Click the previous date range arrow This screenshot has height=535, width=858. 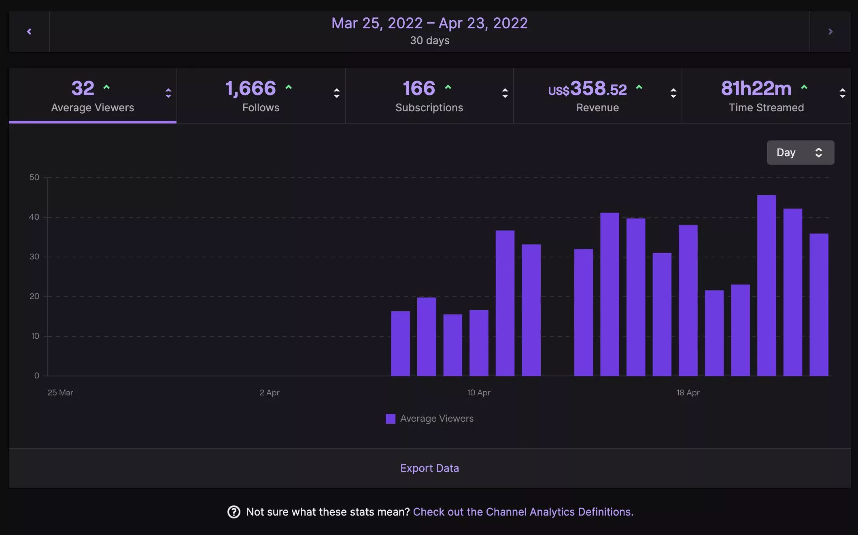pyautogui.click(x=29, y=32)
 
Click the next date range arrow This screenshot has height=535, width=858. pyautogui.click(x=830, y=32)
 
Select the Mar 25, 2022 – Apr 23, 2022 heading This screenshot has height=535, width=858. pyautogui.click(x=429, y=23)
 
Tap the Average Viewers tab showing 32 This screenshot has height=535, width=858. pyautogui.click(x=92, y=96)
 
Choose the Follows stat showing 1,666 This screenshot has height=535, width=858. pyautogui.click(x=261, y=96)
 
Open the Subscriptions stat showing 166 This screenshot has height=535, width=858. pyautogui.click(x=429, y=96)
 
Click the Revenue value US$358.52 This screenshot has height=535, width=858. pyautogui.click(x=588, y=89)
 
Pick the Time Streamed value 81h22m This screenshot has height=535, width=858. pyautogui.click(x=756, y=89)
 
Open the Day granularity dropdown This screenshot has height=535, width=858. pyautogui.click(x=800, y=153)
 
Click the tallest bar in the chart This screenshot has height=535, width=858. pyautogui.click(x=766, y=285)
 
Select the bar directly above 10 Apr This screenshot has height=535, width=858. pyautogui.click(x=479, y=343)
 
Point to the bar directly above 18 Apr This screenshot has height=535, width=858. pyautogui.click(x=688, y=300)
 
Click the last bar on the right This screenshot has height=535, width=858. pyautogui.click(x=819, y=304)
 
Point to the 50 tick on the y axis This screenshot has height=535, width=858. pyautogui.click(x=34, y=177)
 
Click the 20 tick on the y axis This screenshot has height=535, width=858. pyautogui.click(x=34, y=296)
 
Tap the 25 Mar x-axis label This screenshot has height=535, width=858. pyautogui.click(x=60, y=393)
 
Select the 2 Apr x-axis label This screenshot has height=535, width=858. pyautogui.click(x=270, y=393)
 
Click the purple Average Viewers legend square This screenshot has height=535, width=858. pyautogui.click(x=391, y=419)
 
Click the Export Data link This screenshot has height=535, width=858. pyautogui.click(x=429, y=468)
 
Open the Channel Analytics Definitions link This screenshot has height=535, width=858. pyautogui.click(x=522, y=512)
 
